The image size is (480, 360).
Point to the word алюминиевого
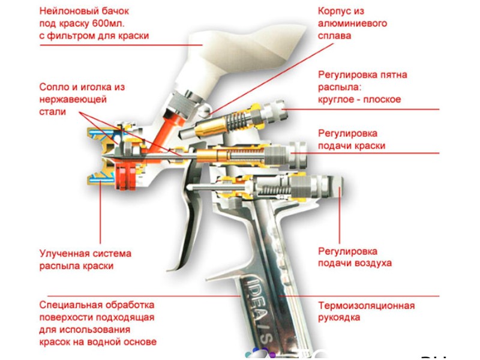[352, 23]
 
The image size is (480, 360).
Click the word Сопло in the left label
[53, 87]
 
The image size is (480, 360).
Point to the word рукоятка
[339, 317]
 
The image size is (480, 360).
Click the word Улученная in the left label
[62, 254]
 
